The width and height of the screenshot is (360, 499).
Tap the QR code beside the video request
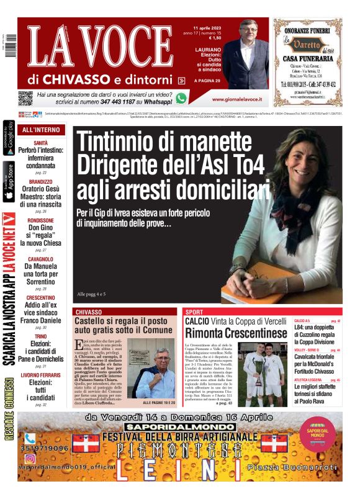point(25,98)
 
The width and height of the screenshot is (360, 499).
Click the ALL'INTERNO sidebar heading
point(41,130)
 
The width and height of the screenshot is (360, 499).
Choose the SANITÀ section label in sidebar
point(41,143)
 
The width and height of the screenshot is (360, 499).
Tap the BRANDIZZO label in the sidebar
point(41,182)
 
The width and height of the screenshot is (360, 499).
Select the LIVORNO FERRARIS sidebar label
point(41,374)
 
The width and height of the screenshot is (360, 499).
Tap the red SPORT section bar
point(236,312)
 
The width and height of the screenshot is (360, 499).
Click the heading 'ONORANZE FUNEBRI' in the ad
point(308,27)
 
